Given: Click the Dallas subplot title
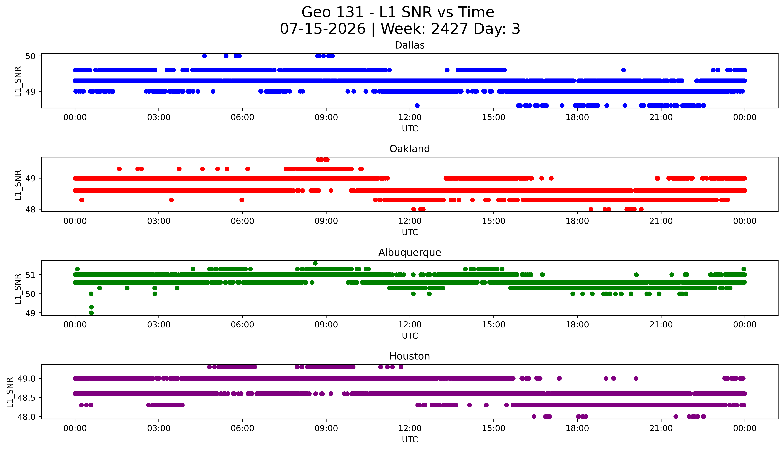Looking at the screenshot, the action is pos(410,45).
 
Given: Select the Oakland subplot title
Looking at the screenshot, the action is pos(410,149).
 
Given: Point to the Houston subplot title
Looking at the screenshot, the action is pos(410,356).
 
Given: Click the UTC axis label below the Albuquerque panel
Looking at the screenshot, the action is pos(410,336).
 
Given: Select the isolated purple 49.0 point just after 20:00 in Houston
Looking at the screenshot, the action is pos(636,378).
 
